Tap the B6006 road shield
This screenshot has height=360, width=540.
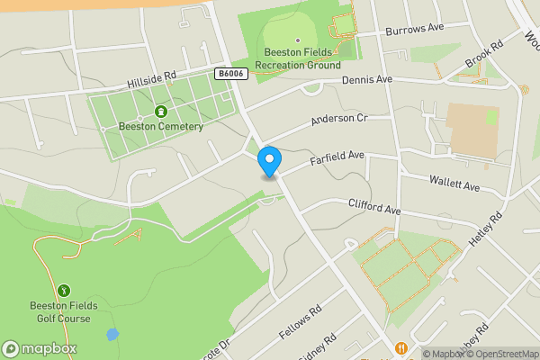tap(231, 74)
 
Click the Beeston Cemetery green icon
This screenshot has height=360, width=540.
tap(160, 112)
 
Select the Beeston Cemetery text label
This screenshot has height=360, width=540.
tap(161, 126)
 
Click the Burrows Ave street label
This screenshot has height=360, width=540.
tap(415, 29)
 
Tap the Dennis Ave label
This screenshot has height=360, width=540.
tap(367, 80)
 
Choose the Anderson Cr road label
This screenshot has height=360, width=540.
tap(339, 119)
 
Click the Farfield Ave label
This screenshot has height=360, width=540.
tap(337, 158)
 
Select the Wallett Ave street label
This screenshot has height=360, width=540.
tap(454, 184)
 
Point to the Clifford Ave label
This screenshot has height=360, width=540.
tap(373, 207)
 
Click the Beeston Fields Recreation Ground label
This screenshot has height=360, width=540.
tap(298, 58)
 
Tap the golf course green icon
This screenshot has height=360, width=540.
tap(64, 291)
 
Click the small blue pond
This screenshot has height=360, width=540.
tap(112, 335)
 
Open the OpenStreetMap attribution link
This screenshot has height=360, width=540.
tap(499, 354)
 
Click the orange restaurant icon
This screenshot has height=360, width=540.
tap(400, 348)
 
